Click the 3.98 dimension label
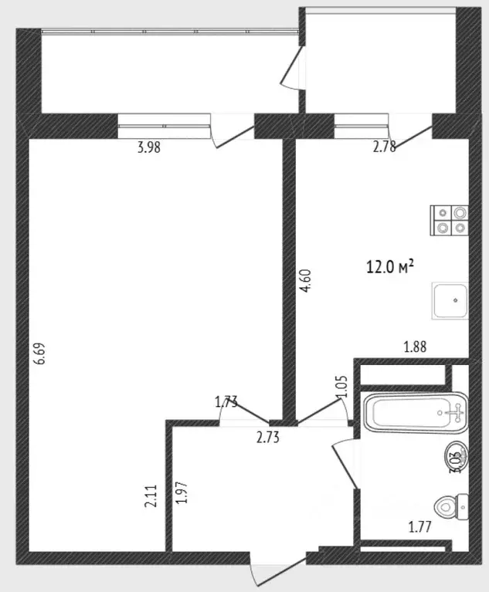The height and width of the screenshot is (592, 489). point(148,149)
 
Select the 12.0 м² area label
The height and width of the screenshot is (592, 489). point(390,267)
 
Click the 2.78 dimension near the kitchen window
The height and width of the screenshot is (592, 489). point(384,148)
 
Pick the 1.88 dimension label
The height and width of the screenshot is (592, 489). point(416,347)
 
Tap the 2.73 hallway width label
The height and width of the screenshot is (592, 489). point(267,438)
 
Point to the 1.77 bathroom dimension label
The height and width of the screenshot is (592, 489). point(420,528)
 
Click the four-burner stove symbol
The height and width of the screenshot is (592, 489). point(450,219)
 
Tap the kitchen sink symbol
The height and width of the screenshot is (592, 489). point(450,300)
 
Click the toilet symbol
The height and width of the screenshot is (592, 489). point(450,507)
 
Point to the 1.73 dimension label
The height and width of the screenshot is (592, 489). point(226,401)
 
